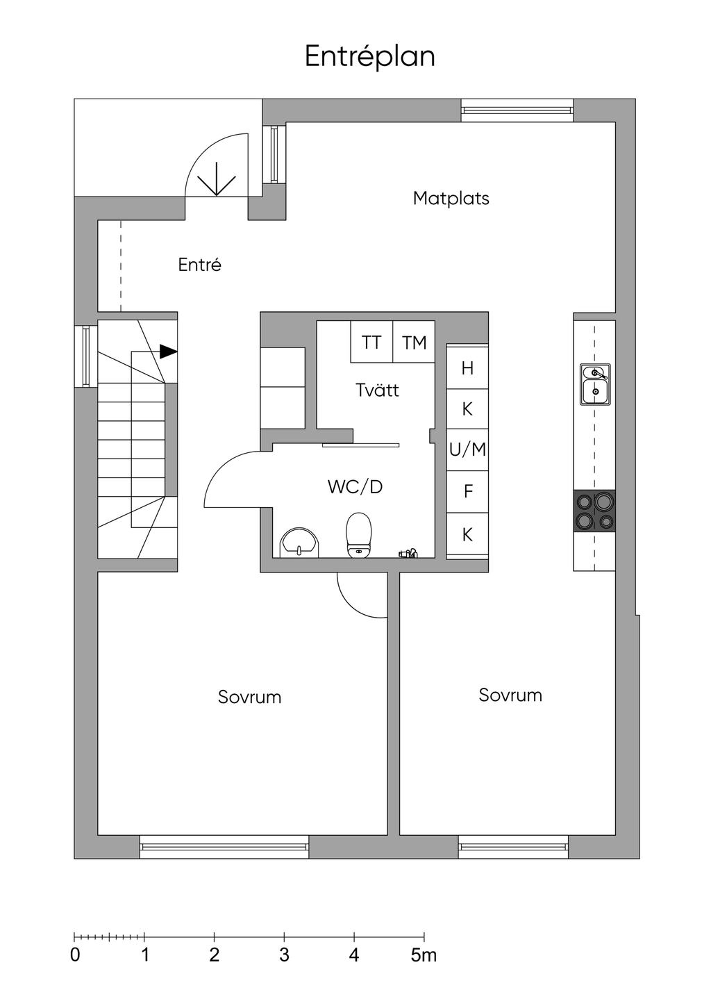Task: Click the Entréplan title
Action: tap(370, 57)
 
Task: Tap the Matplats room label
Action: tap(451, 198)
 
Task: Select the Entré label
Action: tap(200, 265)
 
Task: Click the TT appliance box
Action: tap(371, 343)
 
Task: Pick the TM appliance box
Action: tap(414, 343)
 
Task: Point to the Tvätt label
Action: tap(377, 390)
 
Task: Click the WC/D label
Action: tap(355, 487)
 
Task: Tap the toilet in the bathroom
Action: tap(360, 535)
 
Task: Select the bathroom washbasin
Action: tap(299, 543)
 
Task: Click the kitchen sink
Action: tap(595, 384)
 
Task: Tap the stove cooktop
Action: tap(594, 511)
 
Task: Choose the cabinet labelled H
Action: tap(467, 368)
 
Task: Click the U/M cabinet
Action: tap(467, 450)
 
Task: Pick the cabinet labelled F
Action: tap(467, 492)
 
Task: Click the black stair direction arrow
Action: tap(169, 352)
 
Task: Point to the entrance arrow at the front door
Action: tap(217, 179)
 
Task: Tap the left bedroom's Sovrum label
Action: tap(249, 697)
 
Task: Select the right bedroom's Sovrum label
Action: tap(510, 695)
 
